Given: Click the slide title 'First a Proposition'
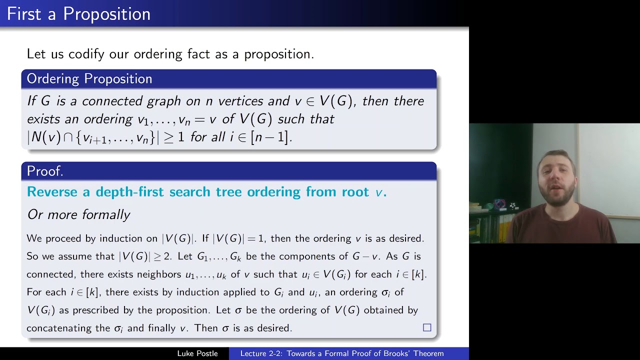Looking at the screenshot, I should point(78,14).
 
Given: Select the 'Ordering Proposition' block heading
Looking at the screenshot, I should point(89,79).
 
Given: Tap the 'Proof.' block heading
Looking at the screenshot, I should point(45,171).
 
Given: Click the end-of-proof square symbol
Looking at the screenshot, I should point(427,327).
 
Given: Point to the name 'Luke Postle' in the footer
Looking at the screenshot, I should point(197,353).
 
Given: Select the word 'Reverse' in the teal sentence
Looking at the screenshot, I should point(52,192).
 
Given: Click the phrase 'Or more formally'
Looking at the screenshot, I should point(78,215).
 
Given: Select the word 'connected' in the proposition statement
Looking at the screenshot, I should point(112,101).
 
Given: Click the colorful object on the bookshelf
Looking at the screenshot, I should point(499,204).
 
